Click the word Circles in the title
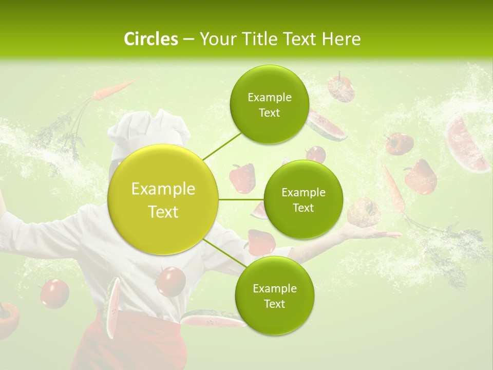point(151,39)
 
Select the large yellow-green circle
point(163,200)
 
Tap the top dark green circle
point(269,105)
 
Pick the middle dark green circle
point(303,200)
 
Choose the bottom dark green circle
point(274,295)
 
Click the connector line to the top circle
point(222,146)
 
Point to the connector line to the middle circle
point(241,199)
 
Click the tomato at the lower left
point(54,293)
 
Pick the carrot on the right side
point(394,188)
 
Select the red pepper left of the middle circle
point(242,177)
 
